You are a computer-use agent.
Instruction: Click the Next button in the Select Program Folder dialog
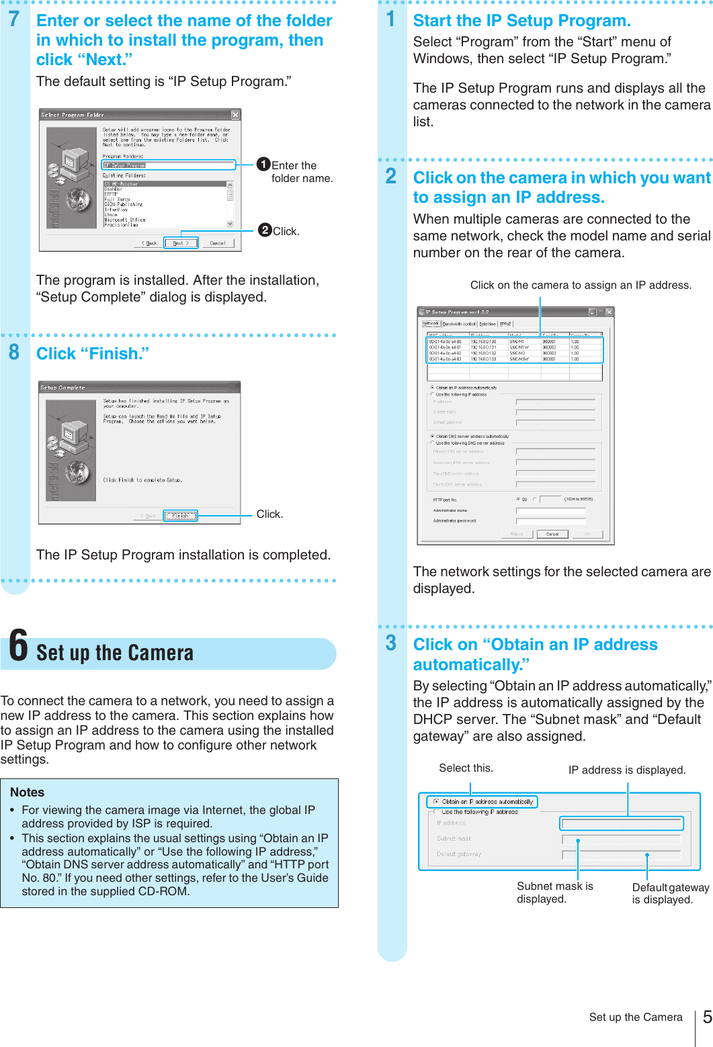181,243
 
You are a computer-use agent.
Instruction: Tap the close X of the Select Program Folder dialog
235,115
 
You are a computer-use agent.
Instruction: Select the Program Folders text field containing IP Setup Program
168,165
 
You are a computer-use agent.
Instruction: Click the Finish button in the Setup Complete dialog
181,516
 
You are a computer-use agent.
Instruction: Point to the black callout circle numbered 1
264,165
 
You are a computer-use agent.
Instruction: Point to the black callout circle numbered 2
265,230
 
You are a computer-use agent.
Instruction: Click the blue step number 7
14,20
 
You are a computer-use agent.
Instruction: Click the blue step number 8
14,353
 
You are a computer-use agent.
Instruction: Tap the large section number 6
19,646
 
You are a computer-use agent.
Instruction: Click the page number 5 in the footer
707,1017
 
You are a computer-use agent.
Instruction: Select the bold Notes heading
28,792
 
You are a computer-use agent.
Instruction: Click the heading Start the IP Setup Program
521,21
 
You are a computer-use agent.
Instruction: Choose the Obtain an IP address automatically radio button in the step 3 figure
436,802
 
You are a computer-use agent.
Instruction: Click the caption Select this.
466,768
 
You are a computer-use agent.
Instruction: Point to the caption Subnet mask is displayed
554,893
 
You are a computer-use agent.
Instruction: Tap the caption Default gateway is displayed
670,894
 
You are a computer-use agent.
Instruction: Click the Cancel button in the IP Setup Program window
552,534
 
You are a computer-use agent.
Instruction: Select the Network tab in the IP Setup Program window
431,324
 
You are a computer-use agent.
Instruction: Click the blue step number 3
391,643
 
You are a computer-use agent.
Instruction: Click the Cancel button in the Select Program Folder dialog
218,243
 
